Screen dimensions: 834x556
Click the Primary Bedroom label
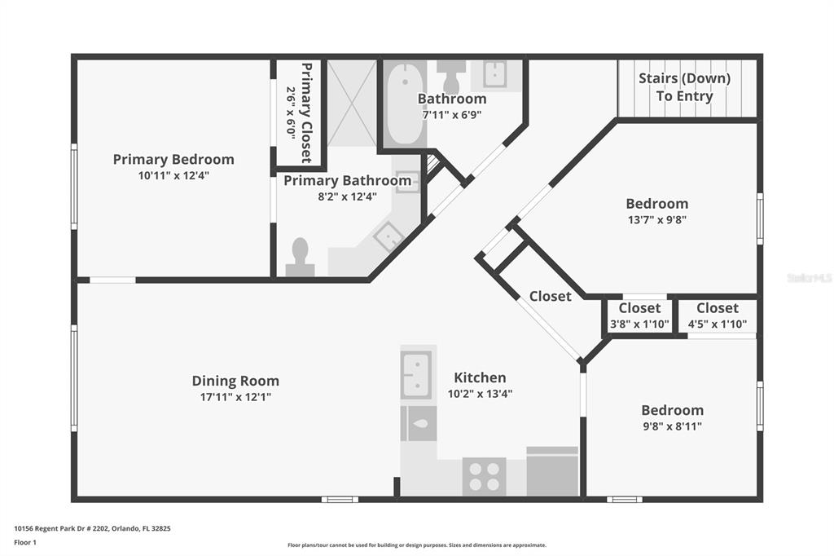pyautogui.click(x=173, y=159)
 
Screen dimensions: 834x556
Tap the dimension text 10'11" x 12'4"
pyautogui.click(x=173, y=175)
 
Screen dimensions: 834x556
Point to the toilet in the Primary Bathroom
pyautogui.click(x=300, y=257)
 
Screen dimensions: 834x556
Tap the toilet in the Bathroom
pyautogui.click(x=451, y=77)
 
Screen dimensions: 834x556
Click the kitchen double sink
pyautogui.click(x=416, y=374)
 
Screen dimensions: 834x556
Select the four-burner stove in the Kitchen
pyautogui.click(x=484, y=477)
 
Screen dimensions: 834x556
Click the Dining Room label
pyautogui.click(x=235, y=381)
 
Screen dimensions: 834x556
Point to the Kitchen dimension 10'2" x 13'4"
pyautogui.click(x=480, y=394)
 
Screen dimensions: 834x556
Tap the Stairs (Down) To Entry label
pyautogui.click(x=684, y=86)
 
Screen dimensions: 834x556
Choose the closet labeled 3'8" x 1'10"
pyautogui.click(x=639, y=316)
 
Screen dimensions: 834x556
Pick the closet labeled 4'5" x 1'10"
pyautogui.click(x=718, y=316)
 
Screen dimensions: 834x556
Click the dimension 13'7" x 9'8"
pyautogui.click(x=657, y=219)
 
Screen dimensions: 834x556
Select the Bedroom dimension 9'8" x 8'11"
pyautogui.click(x=672, y=426)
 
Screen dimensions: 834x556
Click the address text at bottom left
pyautogui.click(x=92, y=529)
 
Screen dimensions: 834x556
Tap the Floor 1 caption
pyautogui.click(x=25, y=543)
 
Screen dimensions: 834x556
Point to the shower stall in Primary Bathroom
pyautogui.click(x=352, y=104)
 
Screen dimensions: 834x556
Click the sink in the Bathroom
pyautogui.click(x=494, y=74)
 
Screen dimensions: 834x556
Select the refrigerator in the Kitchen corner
pyautogui.click(x=552, y=472)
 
